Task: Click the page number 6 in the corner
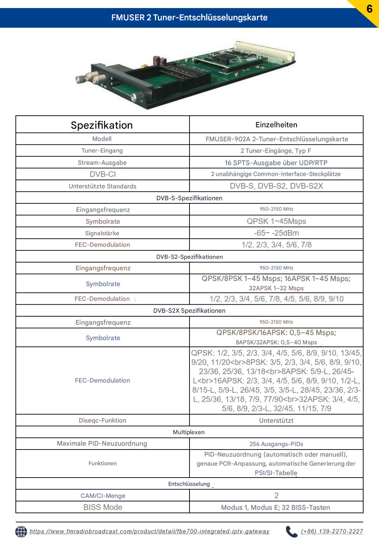[369, 8]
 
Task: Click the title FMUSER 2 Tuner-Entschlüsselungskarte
[189, 18]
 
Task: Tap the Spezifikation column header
[102, 125]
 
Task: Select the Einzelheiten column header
[276, 125]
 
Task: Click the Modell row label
[102, 139]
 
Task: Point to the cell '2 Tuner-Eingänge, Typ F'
[276, 151]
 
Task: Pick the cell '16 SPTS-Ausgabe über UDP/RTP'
[276, 163]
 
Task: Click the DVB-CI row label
[102, 174]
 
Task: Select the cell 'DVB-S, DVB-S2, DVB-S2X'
[276, 186]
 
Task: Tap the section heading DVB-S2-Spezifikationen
[189, 257]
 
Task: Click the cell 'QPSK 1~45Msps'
[276, 221]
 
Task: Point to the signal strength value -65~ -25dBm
[276, 233]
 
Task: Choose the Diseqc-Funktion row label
[102, 420]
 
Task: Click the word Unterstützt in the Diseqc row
[276, 420]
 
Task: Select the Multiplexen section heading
[189, 432]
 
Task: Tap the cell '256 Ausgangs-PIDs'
[276, 444]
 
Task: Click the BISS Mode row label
[103, 507]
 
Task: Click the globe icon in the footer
[21, 532]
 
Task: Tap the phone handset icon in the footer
[291, 532]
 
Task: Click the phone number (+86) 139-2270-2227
[332, 532]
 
